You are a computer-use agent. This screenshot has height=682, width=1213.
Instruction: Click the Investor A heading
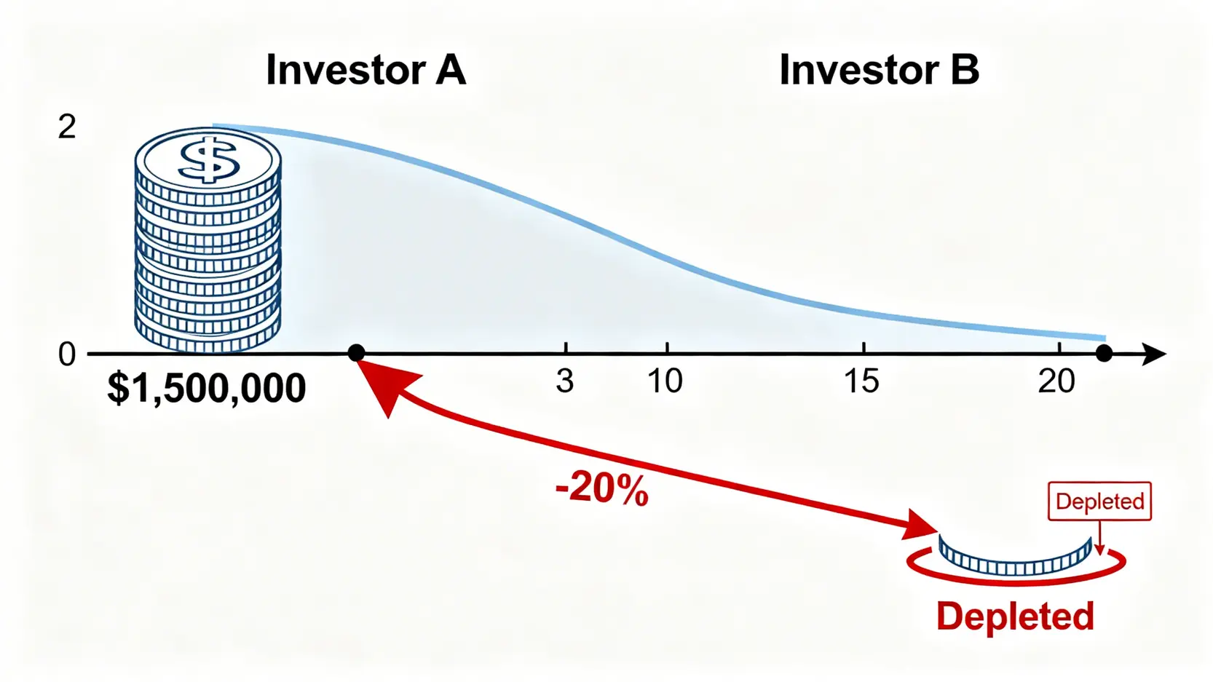pyautogui.click(x=366, y=70)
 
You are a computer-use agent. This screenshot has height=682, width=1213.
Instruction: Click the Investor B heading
pyautogui.click(x=880, y=70)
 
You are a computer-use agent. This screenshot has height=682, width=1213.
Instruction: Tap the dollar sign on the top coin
pyautogui.click(x=209, y=159)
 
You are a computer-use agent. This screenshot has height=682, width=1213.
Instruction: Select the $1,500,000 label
pyautogui.click(x=206, y=387)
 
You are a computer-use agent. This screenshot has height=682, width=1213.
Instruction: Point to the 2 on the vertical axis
pyautogui.click(x=66, y=127)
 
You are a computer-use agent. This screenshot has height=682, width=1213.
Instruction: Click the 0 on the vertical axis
pyautogui.click(x=66, y=355)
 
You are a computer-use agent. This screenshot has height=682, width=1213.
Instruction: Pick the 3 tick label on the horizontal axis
pyautogui.click(x=565, y=381)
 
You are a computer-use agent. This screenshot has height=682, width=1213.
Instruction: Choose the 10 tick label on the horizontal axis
pyautogui.click(x=665, y=381)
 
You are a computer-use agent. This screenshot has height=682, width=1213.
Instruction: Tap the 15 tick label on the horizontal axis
pyautogui.click(x=861, y=381)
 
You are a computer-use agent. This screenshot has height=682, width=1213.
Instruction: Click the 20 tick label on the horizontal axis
pyautogui.click(x=1056, y=381)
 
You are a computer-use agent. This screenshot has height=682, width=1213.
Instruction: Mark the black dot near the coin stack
pyautogui.click(x=356, y=353)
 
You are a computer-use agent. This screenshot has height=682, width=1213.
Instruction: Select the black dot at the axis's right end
pyautogui.click(x=1105, y=354)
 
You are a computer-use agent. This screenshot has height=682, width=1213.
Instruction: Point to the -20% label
pyautogui.click(x=602, y=489)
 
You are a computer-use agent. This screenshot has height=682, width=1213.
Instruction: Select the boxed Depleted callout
pyautogui.click(x=1100, y=501)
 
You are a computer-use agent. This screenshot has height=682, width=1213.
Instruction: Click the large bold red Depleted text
pyautogui.click(x=1016, y=616)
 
